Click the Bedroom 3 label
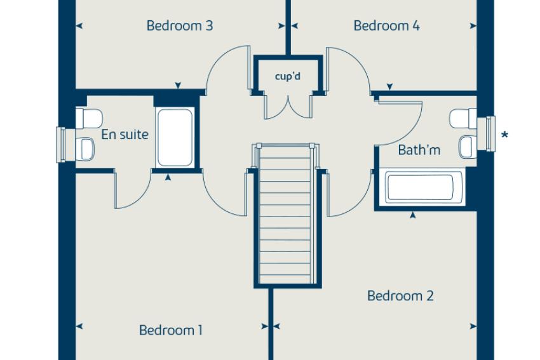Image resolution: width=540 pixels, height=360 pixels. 180,26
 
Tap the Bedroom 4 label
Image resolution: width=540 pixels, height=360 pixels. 387,26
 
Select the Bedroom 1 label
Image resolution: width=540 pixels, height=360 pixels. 171,330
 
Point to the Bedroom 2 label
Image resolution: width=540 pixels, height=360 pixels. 400,296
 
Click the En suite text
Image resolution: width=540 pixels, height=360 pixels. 125,135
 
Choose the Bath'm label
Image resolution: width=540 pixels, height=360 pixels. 419,150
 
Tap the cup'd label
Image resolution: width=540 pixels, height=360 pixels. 288,76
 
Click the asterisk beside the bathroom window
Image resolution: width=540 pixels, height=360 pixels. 504,135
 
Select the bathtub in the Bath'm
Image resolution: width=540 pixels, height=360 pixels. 419,187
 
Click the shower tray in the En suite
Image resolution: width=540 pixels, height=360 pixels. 175,138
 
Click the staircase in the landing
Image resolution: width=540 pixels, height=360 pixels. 285,214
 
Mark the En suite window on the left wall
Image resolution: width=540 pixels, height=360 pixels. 61,145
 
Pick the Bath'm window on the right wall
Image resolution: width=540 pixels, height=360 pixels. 490,134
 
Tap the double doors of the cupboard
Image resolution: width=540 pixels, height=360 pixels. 288,105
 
